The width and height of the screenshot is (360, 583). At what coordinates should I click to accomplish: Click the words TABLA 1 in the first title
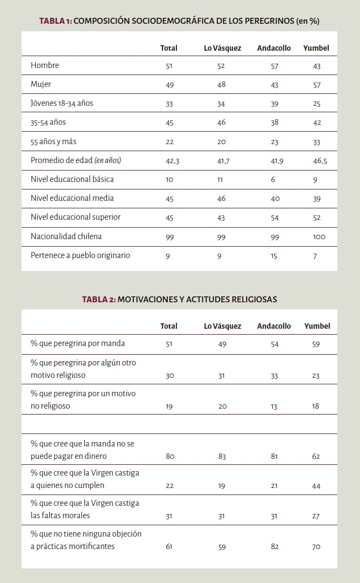(x=55, y=21)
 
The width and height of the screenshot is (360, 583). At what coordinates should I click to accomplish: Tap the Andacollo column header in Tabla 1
(x=274, y=48)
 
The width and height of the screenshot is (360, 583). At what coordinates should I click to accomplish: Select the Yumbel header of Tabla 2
(x=317, y=326)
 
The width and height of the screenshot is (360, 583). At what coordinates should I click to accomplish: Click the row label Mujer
(x=41, y=84)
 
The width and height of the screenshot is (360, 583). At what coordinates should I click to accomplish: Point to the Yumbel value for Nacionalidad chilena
(x=319, y=236)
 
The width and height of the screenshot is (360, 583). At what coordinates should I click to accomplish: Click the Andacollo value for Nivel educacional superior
(x=275, y=218)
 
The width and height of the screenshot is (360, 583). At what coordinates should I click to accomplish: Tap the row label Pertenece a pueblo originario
(x=80, y=255)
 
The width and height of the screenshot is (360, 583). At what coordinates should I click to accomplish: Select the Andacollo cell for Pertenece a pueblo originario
(x=274, y=256)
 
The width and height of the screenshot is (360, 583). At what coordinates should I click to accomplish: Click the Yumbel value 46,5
(x=320, y=161)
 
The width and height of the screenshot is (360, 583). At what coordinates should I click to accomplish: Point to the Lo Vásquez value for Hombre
(x=221, y=66)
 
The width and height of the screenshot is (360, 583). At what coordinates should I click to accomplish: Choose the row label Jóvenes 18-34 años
(x=62, y=103)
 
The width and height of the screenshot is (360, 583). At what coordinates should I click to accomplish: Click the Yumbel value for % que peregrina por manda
(x=316, y=344)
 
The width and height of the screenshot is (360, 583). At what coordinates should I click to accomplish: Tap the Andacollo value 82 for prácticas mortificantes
(x=275, y=546)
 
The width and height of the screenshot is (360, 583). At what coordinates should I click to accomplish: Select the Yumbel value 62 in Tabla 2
(x=316, y=456)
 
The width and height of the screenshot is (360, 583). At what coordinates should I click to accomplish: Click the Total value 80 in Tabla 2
(x=170, y=456)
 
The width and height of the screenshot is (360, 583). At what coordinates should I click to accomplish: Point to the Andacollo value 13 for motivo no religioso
(x=274, y=406)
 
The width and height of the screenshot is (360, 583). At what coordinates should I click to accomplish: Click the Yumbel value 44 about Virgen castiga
(x=316, y=486)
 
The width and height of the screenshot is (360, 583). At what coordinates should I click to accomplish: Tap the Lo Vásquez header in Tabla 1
(x=222, y=48)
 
